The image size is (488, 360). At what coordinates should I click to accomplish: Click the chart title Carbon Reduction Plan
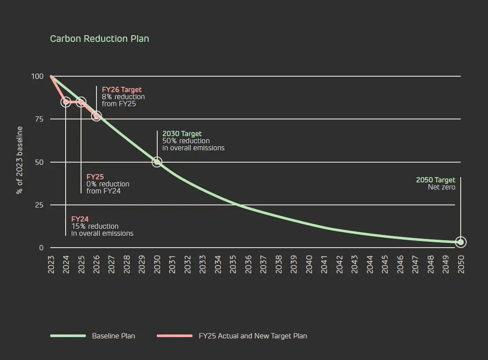(99, 39)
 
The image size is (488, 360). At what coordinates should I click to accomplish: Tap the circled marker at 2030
(157, 162)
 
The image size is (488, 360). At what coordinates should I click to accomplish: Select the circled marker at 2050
(461, 242)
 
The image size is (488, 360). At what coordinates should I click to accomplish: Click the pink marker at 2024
(66, 102)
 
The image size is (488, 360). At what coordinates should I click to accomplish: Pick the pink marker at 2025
(81, 102)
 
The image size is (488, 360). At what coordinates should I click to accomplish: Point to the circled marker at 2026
(96, 116)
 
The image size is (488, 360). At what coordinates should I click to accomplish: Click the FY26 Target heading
(122, 90)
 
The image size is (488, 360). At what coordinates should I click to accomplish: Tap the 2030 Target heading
(182, 134)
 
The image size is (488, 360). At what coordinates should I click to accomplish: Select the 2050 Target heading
(436, 180)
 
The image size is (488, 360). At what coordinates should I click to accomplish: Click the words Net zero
(441, 187)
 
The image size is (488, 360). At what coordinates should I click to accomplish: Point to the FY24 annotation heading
(80, 219)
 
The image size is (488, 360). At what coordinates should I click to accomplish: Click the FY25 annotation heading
(95, 177)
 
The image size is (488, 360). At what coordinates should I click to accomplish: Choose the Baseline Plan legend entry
(113, 336)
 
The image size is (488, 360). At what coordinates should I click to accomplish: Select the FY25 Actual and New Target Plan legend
(252, 336)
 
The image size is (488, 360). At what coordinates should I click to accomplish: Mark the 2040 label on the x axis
(309, 264)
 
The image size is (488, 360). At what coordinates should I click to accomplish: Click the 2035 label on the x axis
(233, 264)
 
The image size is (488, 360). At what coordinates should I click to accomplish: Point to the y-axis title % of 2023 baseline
(19, 160)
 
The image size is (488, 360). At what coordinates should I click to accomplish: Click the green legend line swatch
(68, 336)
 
